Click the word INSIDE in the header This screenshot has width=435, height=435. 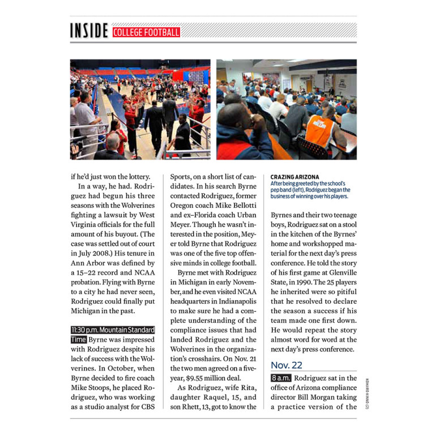tap(89, 32)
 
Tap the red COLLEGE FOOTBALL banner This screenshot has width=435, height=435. tap(146, 32)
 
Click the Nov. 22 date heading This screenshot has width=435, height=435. tap(286, 365)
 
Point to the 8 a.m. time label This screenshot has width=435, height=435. tap(281, 378)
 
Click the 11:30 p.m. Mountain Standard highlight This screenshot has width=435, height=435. tap(113, 330)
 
